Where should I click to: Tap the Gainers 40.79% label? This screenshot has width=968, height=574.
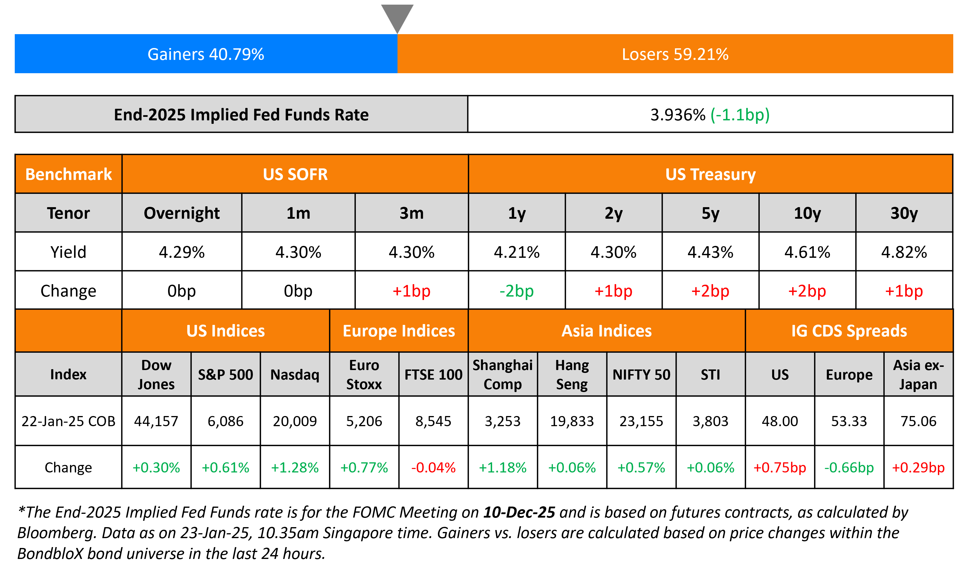(206, 54)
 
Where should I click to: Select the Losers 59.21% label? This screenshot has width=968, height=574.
(675, 54)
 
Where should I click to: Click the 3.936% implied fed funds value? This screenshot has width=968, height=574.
(678, 115)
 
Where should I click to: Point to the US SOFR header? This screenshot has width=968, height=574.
(295, 174)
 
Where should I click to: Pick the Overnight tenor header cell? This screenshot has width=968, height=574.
(181, 213)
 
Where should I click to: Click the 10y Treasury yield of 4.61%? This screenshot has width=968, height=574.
(807, 252)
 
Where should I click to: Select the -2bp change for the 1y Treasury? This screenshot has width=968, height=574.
(516, 291)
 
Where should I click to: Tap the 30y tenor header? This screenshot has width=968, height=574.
(904, 213)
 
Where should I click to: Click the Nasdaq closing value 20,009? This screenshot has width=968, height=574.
(295, 421)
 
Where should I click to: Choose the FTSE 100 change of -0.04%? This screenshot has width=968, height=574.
(433, 468)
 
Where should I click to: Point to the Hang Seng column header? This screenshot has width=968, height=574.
(572, 374)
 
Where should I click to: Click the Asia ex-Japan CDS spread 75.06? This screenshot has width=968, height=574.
(918, 421)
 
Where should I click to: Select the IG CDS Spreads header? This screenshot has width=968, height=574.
(849, 331)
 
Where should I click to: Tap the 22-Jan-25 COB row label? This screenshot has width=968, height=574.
(69, 421)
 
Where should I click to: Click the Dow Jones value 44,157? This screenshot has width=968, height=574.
(156, 421)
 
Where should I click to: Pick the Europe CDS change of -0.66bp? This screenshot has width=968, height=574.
(849, 468)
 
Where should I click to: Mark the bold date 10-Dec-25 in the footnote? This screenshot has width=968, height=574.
(519, 512)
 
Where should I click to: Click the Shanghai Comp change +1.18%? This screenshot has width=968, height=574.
(502, 468)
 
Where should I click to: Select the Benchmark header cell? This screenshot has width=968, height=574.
(69, 174)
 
